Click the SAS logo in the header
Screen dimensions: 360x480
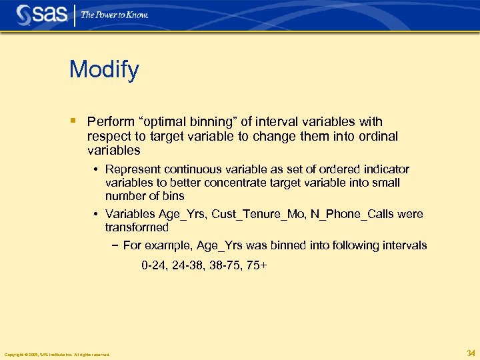(x=42, y=14)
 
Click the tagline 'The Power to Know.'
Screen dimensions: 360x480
(x=115, y=15)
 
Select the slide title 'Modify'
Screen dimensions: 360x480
(x=104, y=69)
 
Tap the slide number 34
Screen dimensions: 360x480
(x=471, y=353)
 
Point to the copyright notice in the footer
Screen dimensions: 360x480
(x=57, y=355)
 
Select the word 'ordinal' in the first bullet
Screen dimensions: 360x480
(x=374, y=136)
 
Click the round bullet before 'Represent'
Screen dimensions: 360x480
(x=97, y=169)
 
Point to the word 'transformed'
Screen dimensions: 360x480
(x=137, y=227)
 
